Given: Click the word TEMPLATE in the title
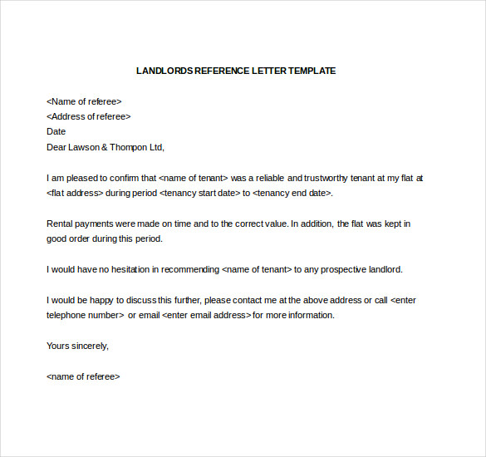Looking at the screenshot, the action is click(312, 71).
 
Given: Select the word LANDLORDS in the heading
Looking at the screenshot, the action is click(164, 71).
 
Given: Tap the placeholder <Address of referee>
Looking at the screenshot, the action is click(89, 116).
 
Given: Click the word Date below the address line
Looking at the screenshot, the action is click(56, 131).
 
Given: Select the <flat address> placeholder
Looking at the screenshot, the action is click(75, 193).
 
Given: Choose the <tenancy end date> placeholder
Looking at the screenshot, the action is click(292, 193).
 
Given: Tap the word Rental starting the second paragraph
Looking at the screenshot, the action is click(61, 224).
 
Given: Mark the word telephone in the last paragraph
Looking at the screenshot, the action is click(66, 315).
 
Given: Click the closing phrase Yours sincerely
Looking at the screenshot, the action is click(77, 346).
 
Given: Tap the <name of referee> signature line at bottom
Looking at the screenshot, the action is click(83, 376).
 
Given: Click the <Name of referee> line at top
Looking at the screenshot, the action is click(84, 101).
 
